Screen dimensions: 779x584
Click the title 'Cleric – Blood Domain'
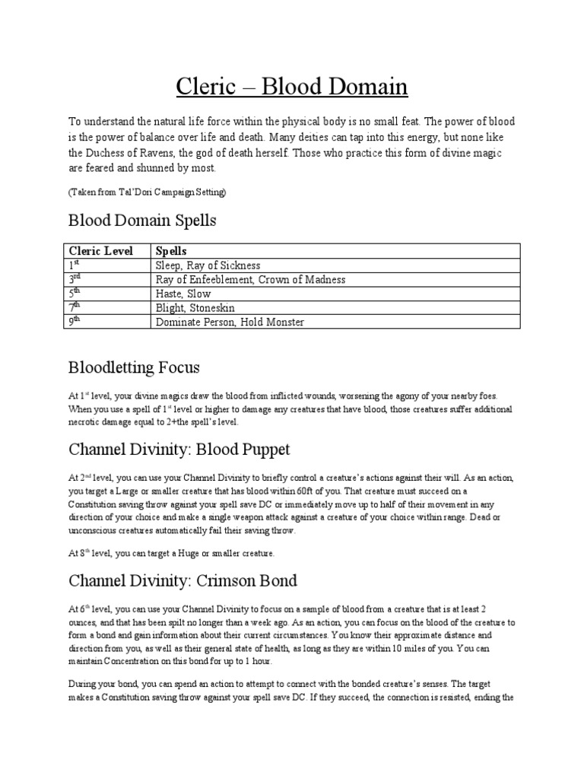click(292, 87)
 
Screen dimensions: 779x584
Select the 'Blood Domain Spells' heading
click(142, 221)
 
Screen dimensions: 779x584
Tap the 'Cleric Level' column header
click(101, 251)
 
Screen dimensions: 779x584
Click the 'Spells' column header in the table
click(171, 251)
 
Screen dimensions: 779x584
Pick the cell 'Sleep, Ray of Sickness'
click(208, 265)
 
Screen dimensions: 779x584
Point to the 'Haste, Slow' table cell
click(183, 294)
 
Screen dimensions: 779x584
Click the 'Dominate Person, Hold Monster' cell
click(230, 322)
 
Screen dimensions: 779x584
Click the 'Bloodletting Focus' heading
click(134, 368)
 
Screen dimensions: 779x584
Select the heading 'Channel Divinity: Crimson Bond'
click(182, 582)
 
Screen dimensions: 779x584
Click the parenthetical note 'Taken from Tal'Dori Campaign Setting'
click(147, 193)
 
